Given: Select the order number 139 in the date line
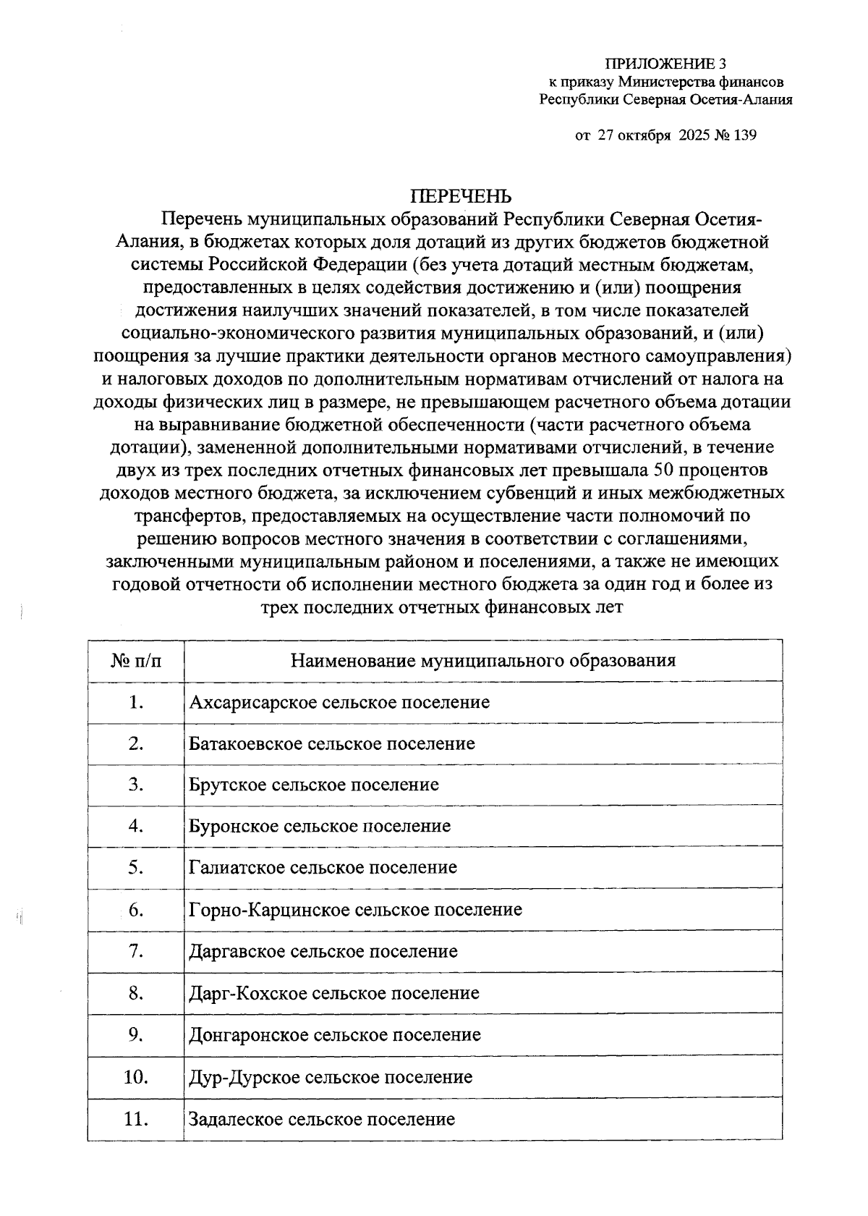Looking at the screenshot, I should coord(744,135).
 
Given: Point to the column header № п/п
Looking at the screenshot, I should coord(136,660).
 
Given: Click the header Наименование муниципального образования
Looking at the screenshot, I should coord(482,660).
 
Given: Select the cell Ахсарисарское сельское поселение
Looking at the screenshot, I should coord(339,702).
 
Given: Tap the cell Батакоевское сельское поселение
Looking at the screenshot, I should coord(332,743).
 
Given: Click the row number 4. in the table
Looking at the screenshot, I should coord(136,826).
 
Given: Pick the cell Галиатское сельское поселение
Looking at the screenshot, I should coord(323,867).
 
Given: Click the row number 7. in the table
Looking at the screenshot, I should coord(136,950).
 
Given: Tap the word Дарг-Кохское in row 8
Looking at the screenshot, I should coord(248,993).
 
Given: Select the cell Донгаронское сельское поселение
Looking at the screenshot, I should coord(335,1034).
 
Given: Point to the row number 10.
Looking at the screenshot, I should coord(136,1076).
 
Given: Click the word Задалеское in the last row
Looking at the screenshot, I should coord(236,1119).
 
